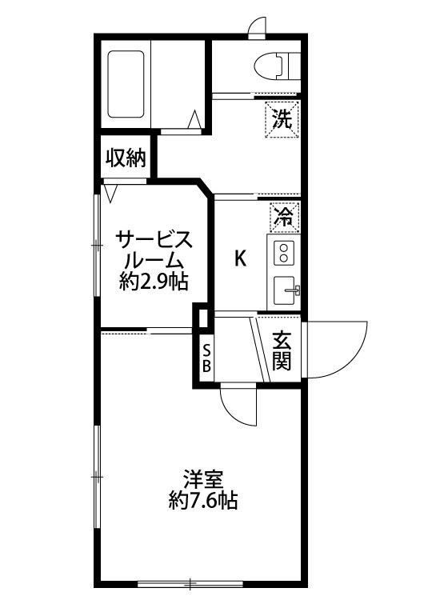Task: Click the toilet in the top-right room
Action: point(274,63)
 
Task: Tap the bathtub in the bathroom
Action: point(125,86)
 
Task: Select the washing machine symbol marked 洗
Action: point(282,119)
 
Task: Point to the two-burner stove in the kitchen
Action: point(285,253)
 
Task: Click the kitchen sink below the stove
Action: point(285,290)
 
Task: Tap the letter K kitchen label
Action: point(239,258)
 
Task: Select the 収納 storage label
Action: point(126,158)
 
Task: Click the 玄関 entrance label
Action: point(281,351)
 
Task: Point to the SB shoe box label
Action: point(206,358)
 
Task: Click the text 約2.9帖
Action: point(154,282)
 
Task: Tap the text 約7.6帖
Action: point(203,502)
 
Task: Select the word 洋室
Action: point(202,480)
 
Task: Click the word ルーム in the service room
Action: point(154,261)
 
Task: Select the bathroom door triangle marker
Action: point(194,118)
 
